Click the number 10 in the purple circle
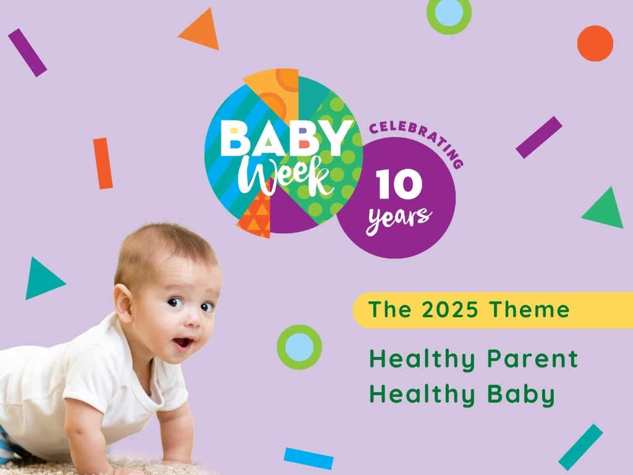coord(399,185)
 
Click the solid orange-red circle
coord(595,43)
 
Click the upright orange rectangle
coord(103,163)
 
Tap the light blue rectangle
coord(308,458)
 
